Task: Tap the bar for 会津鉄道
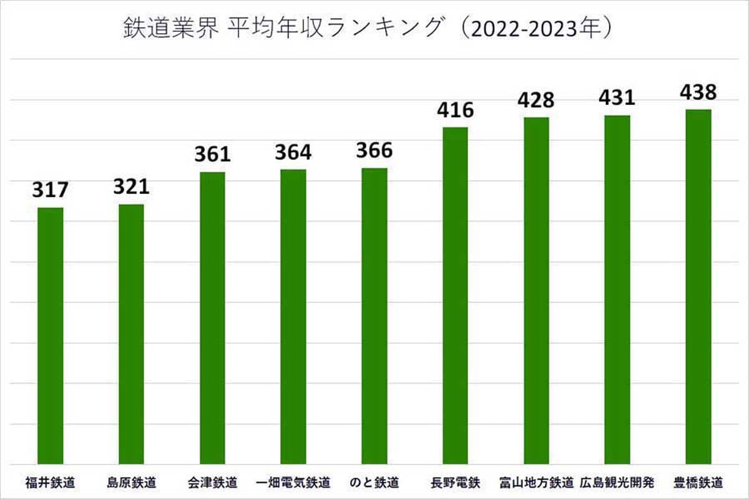coord(212,318)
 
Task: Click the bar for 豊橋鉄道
coord(698,287)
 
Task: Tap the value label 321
coord(132,187)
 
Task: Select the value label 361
coord(212,154)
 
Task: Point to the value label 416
coord(456,110)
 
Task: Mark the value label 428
coord(537,100)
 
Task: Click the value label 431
coord(617,97)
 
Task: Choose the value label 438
coord(698,92)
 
